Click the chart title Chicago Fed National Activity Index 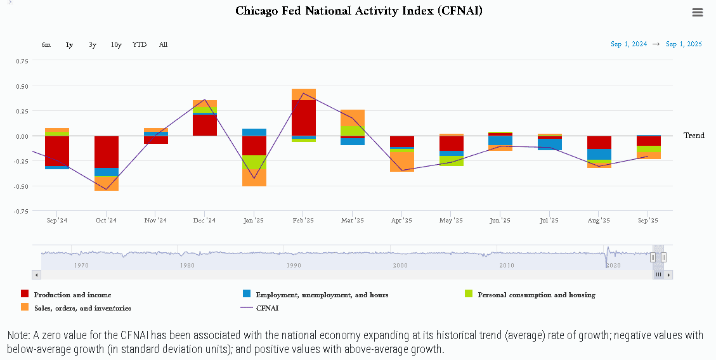pyautogui.click(x=359, y=11)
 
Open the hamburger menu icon pyautogui.click(x=698, y=13)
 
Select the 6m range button pyautogui.click(x=46, y=44)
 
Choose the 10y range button pyautogui.click(x=116, y=44)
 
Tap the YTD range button pyautogui.click(x=140, y=44)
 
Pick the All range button pyautogui.click(x=163, y=44)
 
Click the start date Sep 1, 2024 pyautogui.click(x=628, y=44)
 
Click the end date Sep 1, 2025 pyautogui.click(x=684, y=44)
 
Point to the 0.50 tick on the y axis pyautogui.click(x=22, y=86)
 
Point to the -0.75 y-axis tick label pyautogui.click(x=21, y=211)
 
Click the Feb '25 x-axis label pyautogui.click(x=303, y=221)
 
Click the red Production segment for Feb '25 pyautogui.click(x=304, y=118)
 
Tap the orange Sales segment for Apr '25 pyautogui.click(x=402, y=162)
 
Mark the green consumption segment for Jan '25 pyautogui.click(x=254, y=162)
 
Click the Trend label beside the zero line pyautogui.click(x=694, y=136)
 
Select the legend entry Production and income pyautogui.click(x=72, y=295)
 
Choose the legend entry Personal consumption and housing pyautogui.click(x=536, y=295)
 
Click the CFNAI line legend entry pyautogui.click(x=267, y=308)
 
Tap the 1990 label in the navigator pyautogui.click(x=294, y=266)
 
